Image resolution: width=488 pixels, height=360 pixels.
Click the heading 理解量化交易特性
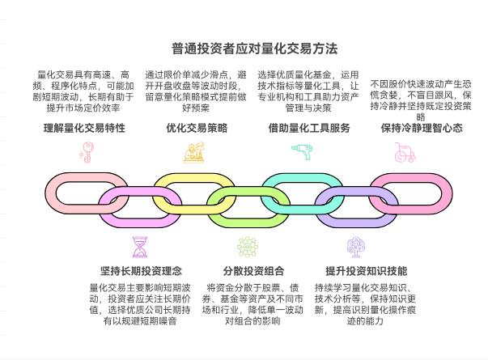point(84,128)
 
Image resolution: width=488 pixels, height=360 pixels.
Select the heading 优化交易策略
point(197,128)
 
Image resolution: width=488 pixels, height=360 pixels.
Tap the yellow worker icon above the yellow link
point(195,152)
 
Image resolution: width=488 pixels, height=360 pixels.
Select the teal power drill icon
point(302,152)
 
